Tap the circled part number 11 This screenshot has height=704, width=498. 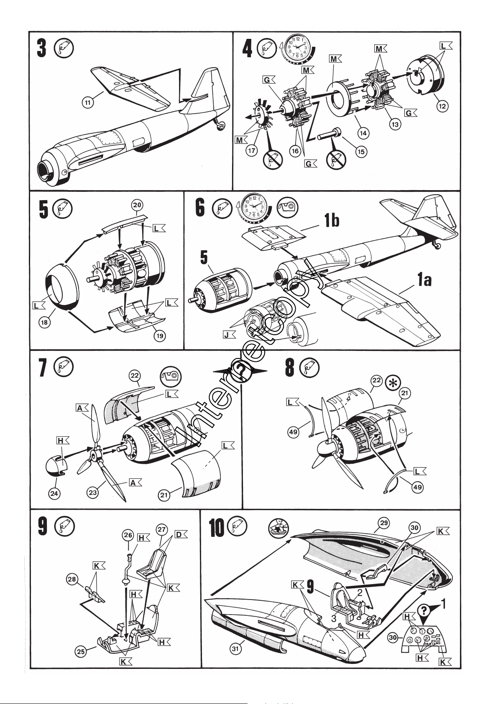(x=88, y=102)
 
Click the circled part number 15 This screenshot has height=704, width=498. (x=361, y=151)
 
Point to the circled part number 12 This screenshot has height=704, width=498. (x=442, y=106)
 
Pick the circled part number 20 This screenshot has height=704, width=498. (x=137, y=205)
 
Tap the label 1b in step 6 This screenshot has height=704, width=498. (x=332, y=220)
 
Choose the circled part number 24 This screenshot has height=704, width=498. (x=54, y=493)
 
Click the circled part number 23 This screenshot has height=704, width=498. (x=93, y=493)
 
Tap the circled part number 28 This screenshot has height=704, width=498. (x=72, y=579)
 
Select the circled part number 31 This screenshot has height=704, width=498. (x=235, y=648)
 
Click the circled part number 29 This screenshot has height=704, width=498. (x=384, y=523)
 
